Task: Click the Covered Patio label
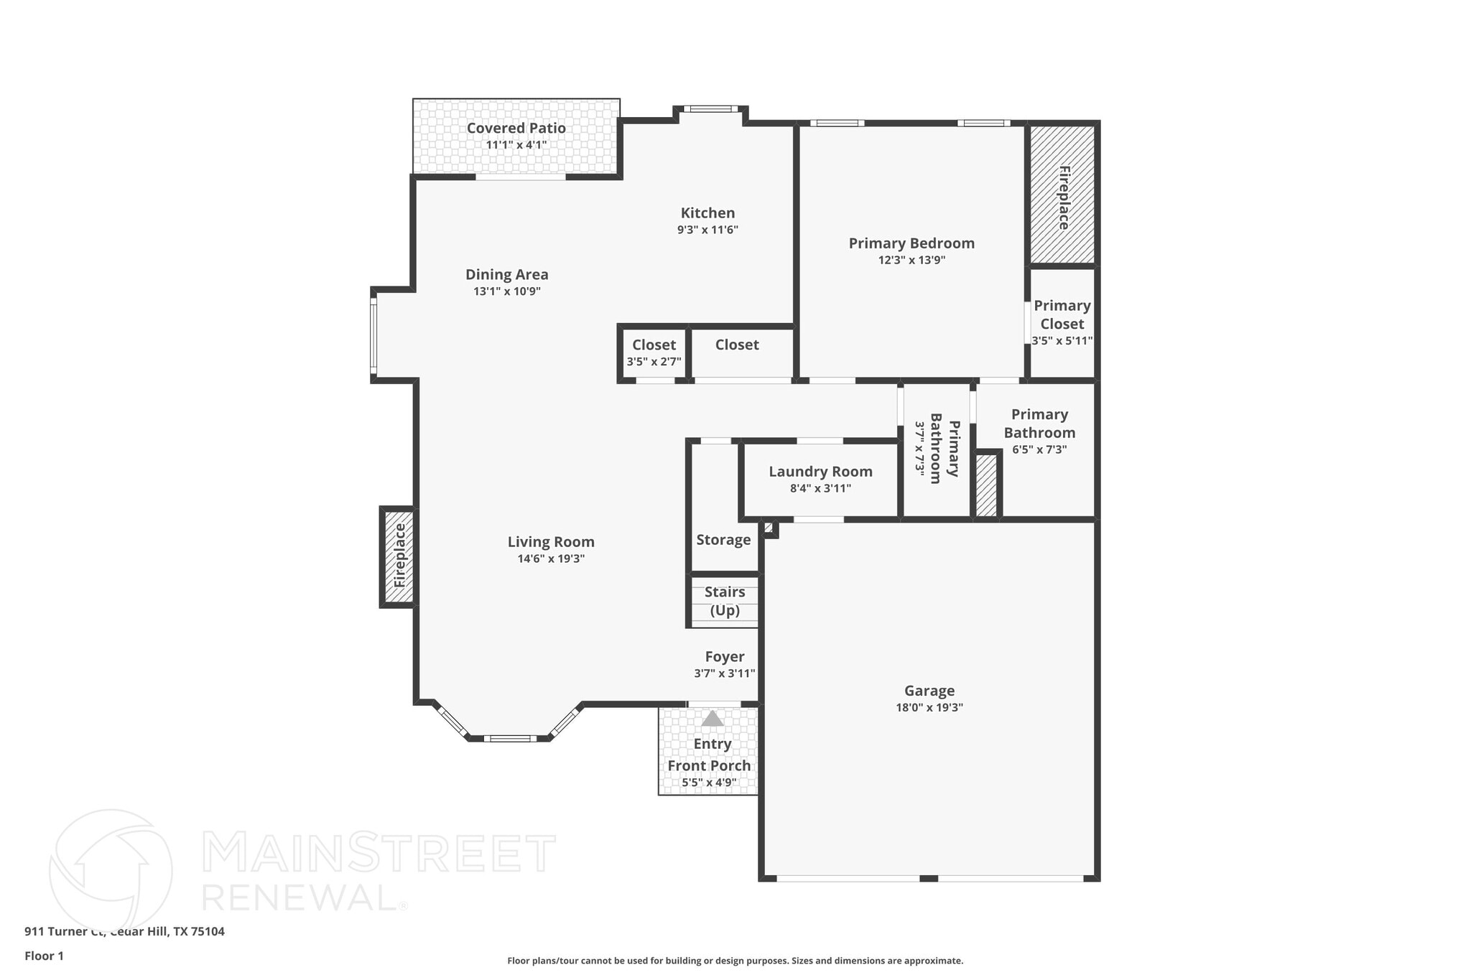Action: (516, 129)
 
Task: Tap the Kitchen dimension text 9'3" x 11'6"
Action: (707, 230)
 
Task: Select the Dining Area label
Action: (506, 274)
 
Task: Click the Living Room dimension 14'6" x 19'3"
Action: (551, 559)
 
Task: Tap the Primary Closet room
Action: (1062, 322)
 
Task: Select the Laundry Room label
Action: (820, 472)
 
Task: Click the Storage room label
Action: (723, 540)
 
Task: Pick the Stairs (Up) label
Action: (724, 601)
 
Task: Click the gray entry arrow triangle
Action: (713, 719)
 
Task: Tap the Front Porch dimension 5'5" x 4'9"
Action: (709, 783)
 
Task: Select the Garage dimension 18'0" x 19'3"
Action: (929, 707)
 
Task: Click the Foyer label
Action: (724, 657)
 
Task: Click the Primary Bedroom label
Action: (911, 243)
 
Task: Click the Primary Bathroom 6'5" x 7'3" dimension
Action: (1039, 449)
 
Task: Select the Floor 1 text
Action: (45, 956)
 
